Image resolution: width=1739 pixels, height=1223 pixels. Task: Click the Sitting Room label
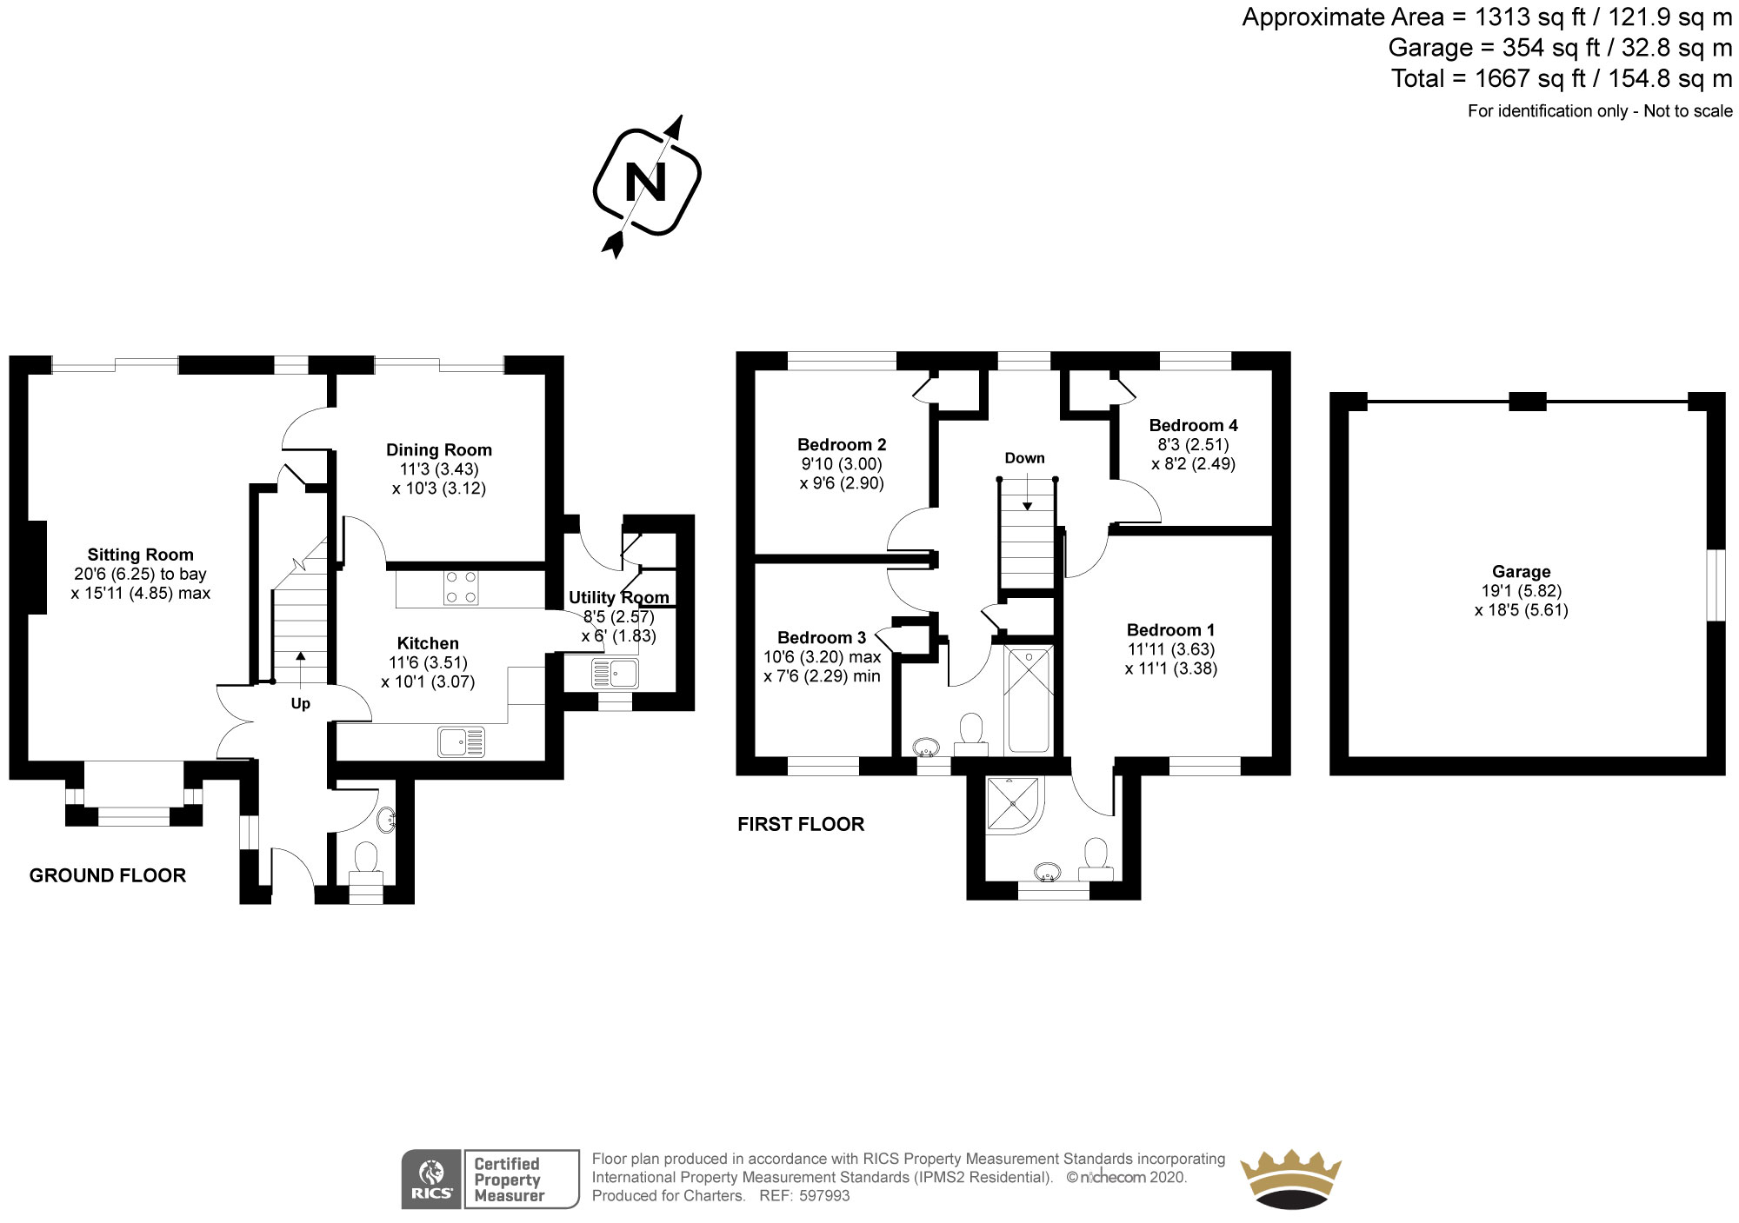(x=140, y=555)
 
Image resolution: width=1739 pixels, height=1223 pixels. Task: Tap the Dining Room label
(x=438, y=449)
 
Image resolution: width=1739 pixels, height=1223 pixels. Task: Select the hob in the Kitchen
(x=460, y=587)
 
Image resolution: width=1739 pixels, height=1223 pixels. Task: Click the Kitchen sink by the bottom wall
(x=462, y=741)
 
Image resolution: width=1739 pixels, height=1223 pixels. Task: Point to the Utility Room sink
(x=614, y=673)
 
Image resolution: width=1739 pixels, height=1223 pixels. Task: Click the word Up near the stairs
(x=300, y=703)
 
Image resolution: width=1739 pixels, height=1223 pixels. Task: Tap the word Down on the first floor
(x=1024, y=458)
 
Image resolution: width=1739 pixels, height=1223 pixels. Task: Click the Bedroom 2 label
(x=841, y=444)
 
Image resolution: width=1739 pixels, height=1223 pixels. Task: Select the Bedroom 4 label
(x=1193, y=425)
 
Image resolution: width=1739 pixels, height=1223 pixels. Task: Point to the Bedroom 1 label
(x=1170, y=629)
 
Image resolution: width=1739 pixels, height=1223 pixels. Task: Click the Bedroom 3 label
(x=821, y=637)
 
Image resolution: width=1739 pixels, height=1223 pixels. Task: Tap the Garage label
(x=1521, y=571)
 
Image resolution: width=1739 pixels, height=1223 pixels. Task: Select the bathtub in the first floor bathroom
(x=1029, y=699)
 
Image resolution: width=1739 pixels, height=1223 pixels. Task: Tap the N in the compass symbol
(x=646, y=183)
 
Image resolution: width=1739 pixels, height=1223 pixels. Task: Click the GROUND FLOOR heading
(x=108, y=875)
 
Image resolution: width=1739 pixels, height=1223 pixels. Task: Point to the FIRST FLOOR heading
(x=801, y=824)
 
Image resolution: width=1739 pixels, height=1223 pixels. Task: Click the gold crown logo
(x=1290, y=1178)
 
